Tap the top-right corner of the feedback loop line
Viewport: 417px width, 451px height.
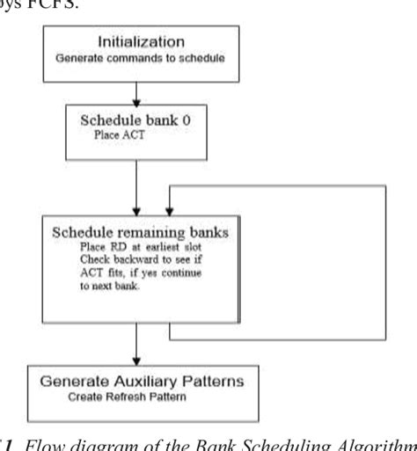pyautogui.click(x=385, y=185)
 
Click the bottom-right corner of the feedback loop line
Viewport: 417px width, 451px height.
pyautogui.click(x=385, y=339)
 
